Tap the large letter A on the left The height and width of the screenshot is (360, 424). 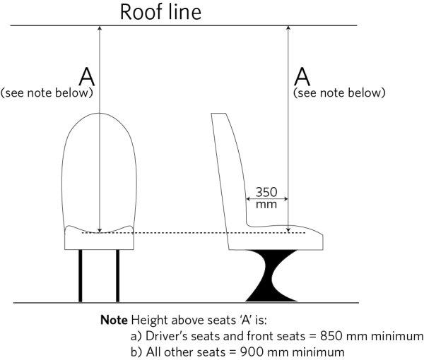click(84, 76)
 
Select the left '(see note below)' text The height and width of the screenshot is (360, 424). click(47, 92)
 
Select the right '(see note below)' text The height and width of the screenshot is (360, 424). click(339, 92)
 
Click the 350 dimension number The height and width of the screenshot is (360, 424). click(266, 191)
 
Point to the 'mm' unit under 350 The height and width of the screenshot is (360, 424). click(266, 205)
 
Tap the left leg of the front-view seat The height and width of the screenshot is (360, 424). click(81, 275)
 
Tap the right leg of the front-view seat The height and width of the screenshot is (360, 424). click(117, 275)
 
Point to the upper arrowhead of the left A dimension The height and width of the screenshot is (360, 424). click(100, 30)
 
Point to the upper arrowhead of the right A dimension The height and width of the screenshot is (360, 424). click(289, 30)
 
